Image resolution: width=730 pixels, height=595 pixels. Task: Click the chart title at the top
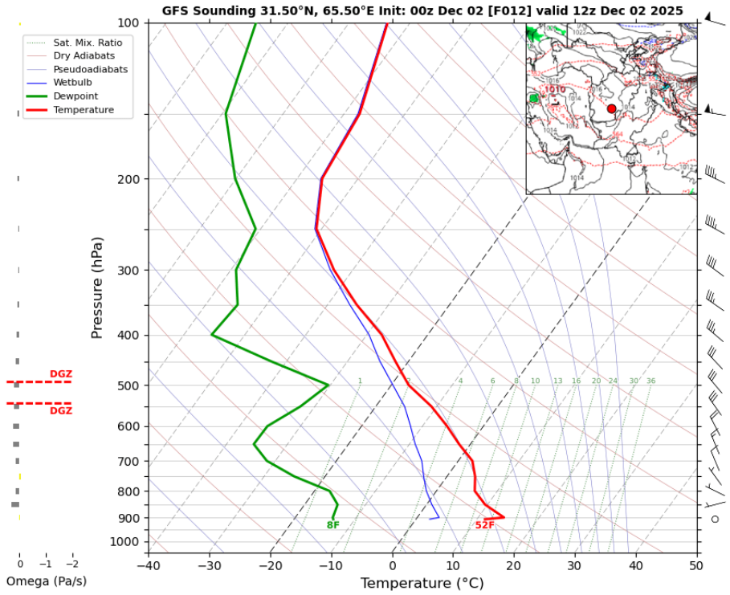[422, 10]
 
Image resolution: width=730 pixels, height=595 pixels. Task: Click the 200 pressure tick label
[128, 179]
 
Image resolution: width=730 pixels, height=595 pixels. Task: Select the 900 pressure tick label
[128, 518]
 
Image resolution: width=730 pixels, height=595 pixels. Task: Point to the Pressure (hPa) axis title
[97, 287]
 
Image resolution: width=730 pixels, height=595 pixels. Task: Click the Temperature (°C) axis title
[423, 583]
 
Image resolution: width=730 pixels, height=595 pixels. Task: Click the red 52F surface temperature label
[484, 525]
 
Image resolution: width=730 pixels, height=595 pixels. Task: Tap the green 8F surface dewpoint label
[332, 525]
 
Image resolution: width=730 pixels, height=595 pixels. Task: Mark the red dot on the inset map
[611, 108]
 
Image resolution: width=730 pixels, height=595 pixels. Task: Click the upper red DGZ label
[61, 374]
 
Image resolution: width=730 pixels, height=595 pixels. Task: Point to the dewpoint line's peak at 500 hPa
[328, 385]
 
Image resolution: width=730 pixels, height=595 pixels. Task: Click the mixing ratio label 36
[650, 381]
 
